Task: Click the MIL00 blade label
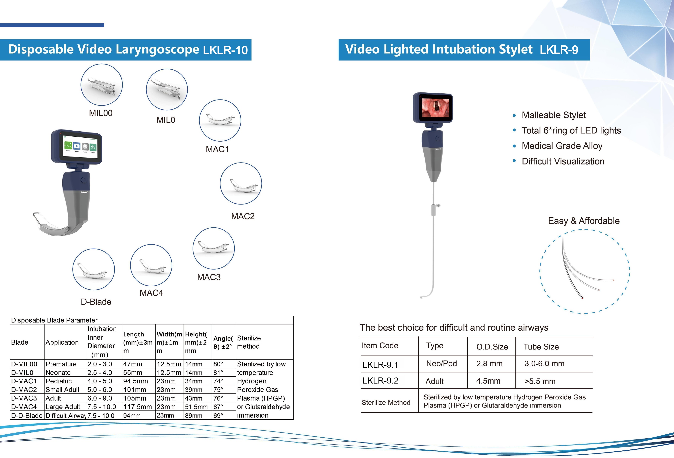[x=101, y=113]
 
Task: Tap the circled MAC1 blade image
[x=220, y=120]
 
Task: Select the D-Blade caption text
[x=96, y=302]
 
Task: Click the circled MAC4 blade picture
[x=151, y=265]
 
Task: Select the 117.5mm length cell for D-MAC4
[x=138, y=407]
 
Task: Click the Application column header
[x=62, y=342]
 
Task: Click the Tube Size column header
[x=541, y=347]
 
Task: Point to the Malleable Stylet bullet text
[x=554, y=115]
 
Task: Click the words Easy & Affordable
[x=583, y=221]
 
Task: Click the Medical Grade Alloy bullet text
[x=562, y=146]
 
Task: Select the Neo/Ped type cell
[x=441, y=364]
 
